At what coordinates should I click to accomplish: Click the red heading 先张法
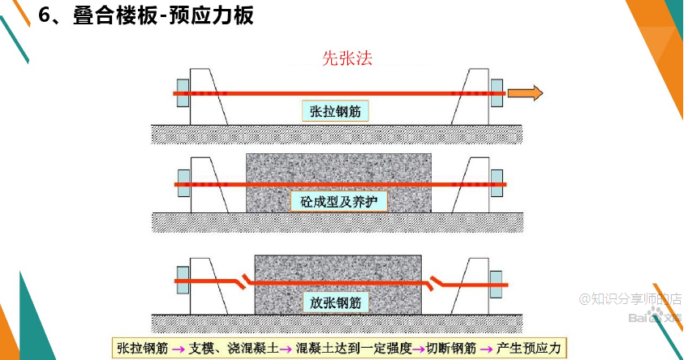point(347,59)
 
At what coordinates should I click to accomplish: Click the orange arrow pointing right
point(524,94)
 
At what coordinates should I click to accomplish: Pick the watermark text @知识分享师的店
point(630,298)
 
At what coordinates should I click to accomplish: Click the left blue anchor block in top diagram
point(182,94)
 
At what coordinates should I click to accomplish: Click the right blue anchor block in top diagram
point(496,94)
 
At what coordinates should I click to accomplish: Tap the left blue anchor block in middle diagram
point(182,184)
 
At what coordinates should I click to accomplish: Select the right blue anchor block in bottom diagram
point(496,283)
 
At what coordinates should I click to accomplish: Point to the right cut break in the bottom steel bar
point(439,282)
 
